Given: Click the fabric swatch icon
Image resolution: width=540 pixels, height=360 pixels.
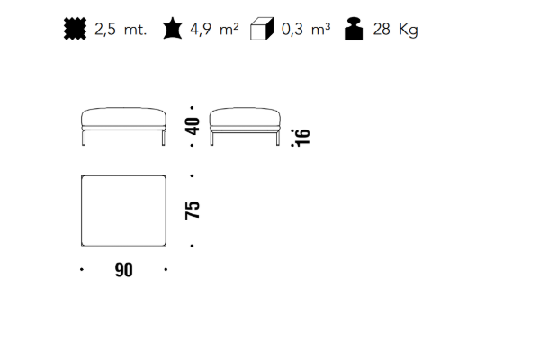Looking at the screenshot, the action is [75, 29].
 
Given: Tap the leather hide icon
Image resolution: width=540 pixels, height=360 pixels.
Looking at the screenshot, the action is [172, 29].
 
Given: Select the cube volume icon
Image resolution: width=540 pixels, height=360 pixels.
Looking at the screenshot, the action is [262, 29].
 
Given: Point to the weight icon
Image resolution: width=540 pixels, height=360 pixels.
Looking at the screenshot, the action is [354, 29].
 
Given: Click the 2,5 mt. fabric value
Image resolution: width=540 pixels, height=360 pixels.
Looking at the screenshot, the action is [121, 30].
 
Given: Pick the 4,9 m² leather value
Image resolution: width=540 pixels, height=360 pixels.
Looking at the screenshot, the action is [214, 30].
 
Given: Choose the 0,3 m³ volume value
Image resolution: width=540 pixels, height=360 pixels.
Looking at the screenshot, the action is [306, 30].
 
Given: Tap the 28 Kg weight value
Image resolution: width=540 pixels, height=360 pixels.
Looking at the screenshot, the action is [395, 30].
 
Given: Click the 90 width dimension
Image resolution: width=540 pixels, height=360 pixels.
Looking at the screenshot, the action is [123, 270].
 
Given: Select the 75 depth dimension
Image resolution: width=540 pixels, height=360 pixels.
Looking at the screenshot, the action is [193, 210].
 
